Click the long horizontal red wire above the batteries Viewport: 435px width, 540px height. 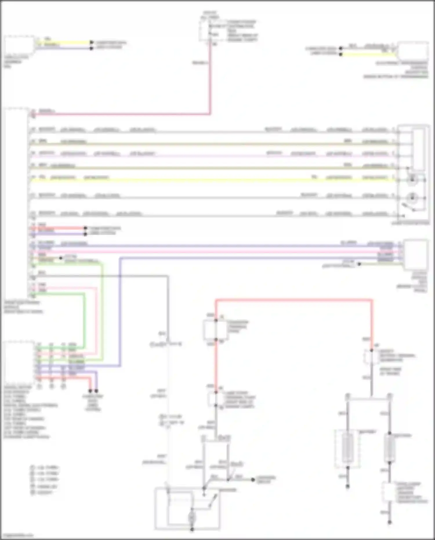pyautogui.click(x=293, y=300)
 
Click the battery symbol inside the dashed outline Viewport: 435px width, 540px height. pyautogui.click(x=347, y=448)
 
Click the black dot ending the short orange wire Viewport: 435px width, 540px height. pyautogui.click(x=61, y=258)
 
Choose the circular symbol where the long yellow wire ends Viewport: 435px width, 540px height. pyautogui.click(x=412, y=180)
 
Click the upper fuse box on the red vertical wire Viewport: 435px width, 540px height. pyautogui.click(x=215, y=330)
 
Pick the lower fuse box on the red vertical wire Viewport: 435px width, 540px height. pyautogui.click(x=216, y=399)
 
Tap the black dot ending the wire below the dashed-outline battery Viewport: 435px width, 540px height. pyautogui.click(x=348, y=486)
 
